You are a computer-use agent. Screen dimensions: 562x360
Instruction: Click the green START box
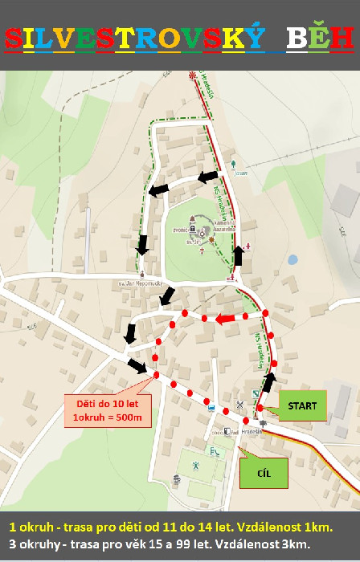(302, 406)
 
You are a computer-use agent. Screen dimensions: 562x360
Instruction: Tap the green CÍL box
(262, 472)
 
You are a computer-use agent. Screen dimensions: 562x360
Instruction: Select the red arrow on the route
(229, 320)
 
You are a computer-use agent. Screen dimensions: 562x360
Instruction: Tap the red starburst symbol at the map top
(192, 77)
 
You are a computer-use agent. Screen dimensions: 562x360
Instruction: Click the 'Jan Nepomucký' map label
(134, 283)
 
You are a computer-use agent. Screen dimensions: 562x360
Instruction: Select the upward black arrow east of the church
(238, 256)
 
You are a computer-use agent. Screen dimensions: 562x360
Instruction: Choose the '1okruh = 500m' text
(107, 417)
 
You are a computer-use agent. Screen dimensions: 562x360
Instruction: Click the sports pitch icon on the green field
(196, 464)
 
